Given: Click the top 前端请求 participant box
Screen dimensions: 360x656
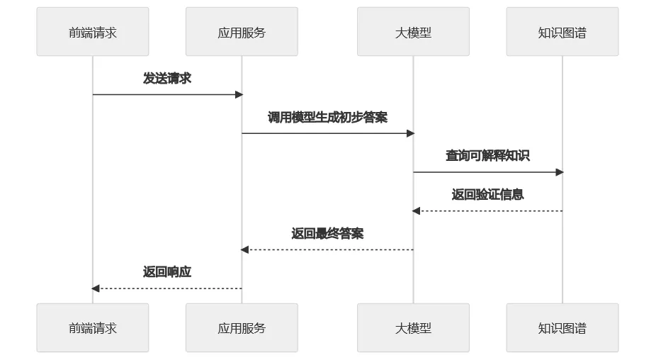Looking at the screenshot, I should (93, 32).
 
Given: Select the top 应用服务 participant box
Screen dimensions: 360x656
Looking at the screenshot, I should (242, 32).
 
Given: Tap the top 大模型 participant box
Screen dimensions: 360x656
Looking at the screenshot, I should (413, 32).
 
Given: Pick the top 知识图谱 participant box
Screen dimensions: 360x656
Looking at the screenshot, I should (562, 32).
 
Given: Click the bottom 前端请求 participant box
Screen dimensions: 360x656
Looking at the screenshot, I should (93, 328).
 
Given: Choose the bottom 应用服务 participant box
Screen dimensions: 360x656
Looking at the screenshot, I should (242, 328).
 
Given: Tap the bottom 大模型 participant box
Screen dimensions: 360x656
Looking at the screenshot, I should (413, 328).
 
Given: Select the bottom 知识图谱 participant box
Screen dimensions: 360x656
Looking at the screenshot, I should (562, 328).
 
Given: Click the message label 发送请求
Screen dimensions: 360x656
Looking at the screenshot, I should (167, 79).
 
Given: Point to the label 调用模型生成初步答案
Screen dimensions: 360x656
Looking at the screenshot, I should (327, 118).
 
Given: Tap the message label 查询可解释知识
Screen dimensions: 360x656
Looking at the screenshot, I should (487, 156).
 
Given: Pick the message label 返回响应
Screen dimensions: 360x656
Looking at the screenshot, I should (167, 272).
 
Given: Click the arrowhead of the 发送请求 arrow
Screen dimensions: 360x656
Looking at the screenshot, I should (239, 94).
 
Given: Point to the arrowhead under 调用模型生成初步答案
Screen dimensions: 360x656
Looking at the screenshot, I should (410, 133).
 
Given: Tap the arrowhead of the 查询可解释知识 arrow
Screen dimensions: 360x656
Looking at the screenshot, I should (560, 172).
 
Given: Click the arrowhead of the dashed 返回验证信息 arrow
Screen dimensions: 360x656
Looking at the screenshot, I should (417, 211).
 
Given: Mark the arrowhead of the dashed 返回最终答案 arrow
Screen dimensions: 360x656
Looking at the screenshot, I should (245, 249).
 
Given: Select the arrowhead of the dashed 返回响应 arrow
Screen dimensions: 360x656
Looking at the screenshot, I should (96, 288).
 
